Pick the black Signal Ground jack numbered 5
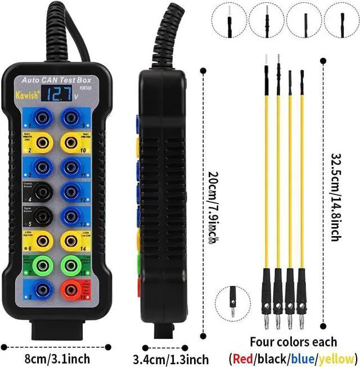tap(40, 216)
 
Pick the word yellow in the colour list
tap(335, 357)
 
